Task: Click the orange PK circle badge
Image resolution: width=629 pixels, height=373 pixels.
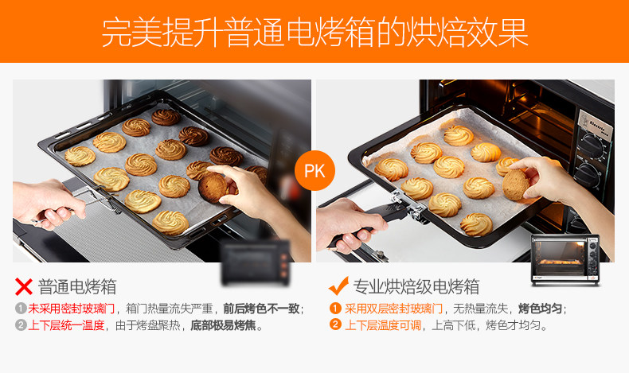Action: tap(314, 170)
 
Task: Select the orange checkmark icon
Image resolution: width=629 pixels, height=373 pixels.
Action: tap(339, 286)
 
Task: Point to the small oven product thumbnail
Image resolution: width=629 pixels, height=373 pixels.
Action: tap(567, 259)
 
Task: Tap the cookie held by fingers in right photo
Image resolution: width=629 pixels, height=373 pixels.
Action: tap(518, 185)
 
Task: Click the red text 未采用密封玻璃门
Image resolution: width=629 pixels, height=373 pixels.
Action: tap(72, 309)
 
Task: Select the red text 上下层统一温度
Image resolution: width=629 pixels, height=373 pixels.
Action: tap(67, 325)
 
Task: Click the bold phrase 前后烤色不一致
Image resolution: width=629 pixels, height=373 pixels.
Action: tap(261, 309)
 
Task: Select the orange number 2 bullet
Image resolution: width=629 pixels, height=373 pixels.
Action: tap(335, 325)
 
